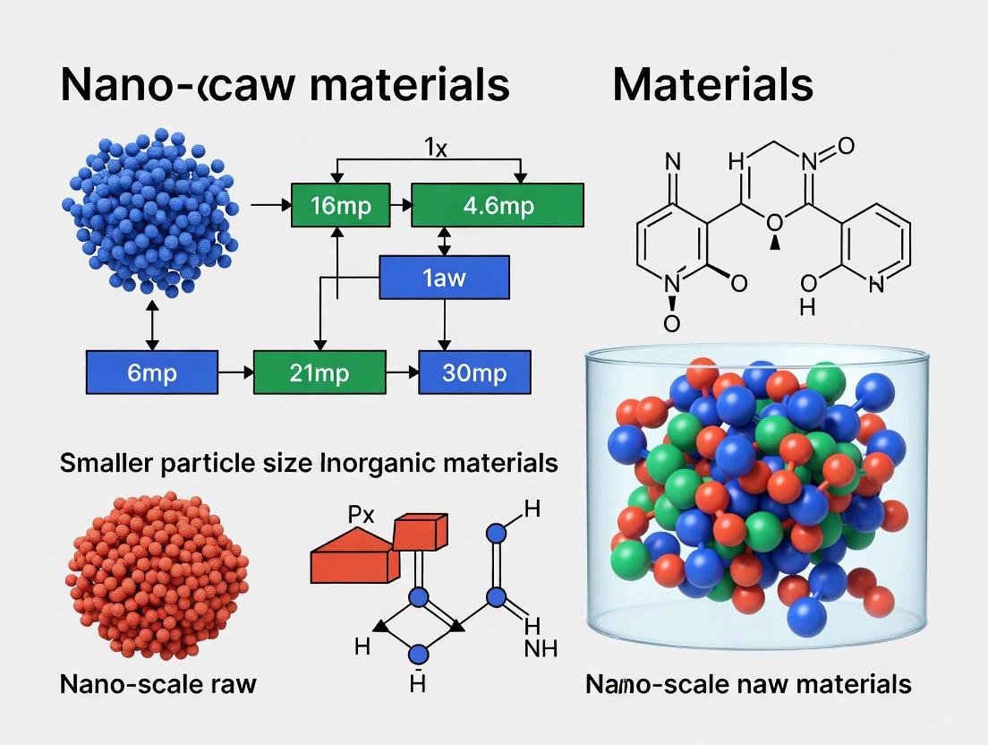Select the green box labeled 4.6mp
point(497,206)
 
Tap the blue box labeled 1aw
point(445,278)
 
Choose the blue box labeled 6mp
point(151,372)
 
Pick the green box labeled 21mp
point(319,372)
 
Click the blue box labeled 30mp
point(474,372)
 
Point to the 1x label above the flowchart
point(434,147)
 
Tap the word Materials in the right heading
point(713,85)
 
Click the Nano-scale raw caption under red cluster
point(158,685)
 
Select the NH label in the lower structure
point(541,647)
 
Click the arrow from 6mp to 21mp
point(235,371)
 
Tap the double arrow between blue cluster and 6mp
point(151,324)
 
